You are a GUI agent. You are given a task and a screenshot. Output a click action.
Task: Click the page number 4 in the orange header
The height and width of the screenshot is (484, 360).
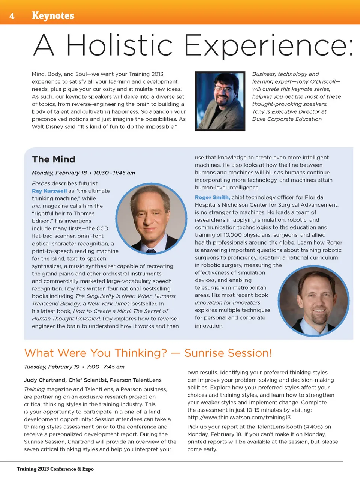point(12,16)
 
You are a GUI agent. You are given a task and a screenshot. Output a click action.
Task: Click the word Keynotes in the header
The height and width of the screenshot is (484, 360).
point(53,15)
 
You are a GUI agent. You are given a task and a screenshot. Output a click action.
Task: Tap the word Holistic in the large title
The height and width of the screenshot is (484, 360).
point(119,45)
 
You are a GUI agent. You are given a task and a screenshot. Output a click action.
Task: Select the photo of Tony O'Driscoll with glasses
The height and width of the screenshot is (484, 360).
point(220,101)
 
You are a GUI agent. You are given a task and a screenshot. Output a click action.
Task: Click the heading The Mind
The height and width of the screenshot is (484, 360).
point(54,159)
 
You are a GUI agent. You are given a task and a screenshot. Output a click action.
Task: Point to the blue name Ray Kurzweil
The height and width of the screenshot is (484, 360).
point(49,191)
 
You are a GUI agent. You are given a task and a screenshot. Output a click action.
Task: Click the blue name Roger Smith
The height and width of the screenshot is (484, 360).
point(212,197)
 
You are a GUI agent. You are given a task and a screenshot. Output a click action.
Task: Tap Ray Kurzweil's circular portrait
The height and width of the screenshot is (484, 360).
point(151,218)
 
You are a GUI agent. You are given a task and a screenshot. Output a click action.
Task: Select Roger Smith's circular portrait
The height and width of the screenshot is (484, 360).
point(314,301)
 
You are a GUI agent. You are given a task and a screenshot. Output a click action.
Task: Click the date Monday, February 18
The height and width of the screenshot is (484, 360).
point(59,173)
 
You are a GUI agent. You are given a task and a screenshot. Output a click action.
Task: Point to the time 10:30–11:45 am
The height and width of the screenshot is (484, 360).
point(114,173)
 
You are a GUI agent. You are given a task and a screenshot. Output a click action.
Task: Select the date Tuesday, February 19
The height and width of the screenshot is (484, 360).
point(52,367)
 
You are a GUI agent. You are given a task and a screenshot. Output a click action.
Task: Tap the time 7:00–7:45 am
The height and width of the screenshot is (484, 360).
point(105,367)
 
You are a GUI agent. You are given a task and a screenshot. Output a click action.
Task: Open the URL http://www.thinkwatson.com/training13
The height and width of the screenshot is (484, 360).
point(239,418)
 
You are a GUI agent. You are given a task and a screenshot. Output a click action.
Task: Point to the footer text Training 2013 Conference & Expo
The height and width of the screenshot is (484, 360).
point(55,469)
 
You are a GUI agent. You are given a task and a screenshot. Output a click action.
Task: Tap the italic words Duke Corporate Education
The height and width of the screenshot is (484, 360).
point(287,119)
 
